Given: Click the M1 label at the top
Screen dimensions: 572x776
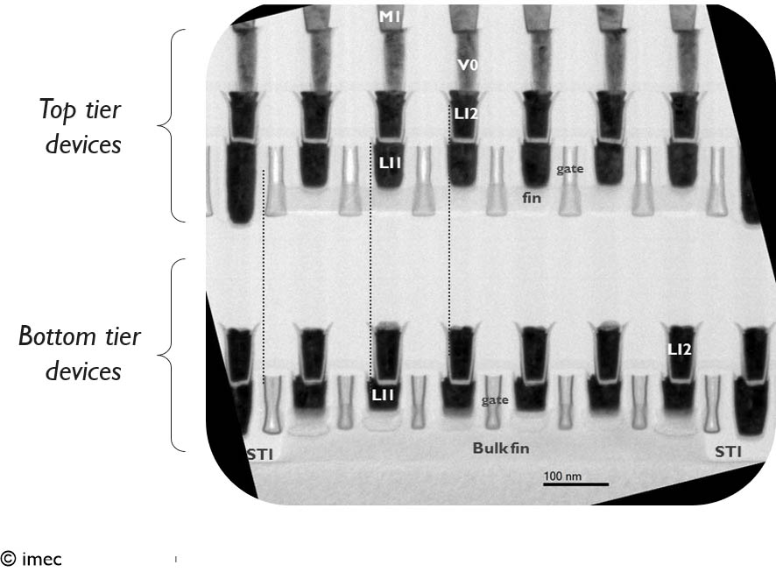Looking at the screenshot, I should click(x=390, y=15).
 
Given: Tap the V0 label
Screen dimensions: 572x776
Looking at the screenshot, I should click(x=467, y=64).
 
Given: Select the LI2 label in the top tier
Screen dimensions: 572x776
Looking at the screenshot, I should click(x=465, y=114).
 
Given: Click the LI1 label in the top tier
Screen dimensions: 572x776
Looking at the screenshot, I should click(x=390, y=162).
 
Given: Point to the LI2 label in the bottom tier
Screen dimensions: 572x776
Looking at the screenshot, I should click(x=680, y=349).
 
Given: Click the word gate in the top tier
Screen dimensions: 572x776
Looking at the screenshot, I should click(x=569, y=167).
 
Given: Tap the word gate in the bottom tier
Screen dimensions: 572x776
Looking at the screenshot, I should click(x=495, y=399).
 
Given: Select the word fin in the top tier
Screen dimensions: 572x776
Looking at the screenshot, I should click(x=532, y=198).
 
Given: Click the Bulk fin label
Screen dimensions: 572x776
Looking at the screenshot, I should click(x=501, y=448).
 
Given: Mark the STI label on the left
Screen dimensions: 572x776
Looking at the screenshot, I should click(x=258, y=452).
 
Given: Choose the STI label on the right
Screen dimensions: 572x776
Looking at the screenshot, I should click(x=728, y=452).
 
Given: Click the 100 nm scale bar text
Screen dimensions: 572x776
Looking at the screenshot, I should click(x=561, y=476).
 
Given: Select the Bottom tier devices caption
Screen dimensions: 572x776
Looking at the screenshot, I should click(x=81, y=354).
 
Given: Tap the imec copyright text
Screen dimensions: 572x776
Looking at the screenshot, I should click(x=32, y=559).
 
